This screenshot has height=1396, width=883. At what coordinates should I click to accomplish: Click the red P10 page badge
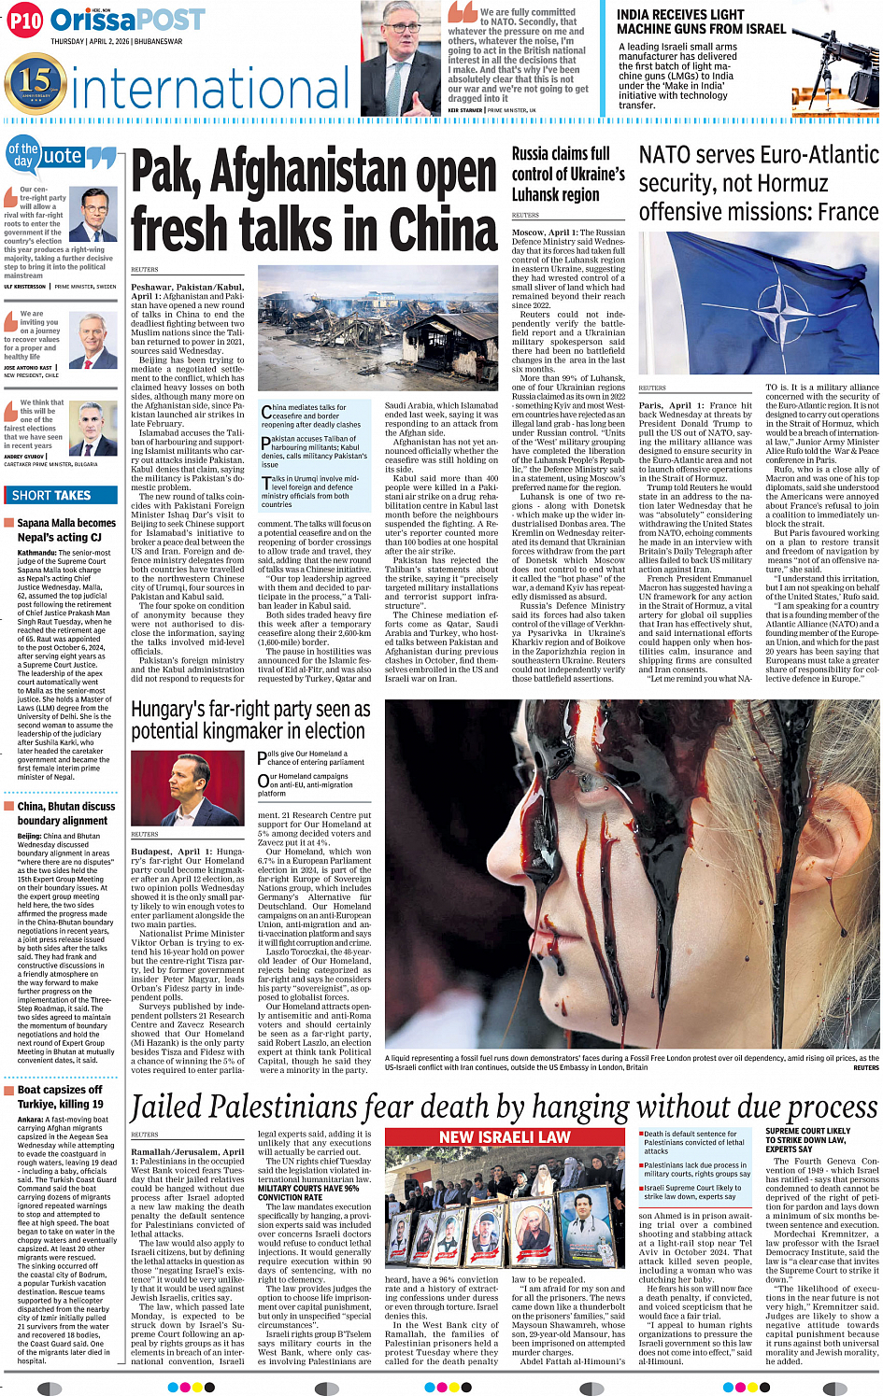[x=25, y=21]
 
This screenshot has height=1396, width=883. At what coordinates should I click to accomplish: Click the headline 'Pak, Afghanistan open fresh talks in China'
[x=314, y=200]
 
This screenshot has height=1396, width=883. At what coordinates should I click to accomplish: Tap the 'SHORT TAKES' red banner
[x=61, y=495]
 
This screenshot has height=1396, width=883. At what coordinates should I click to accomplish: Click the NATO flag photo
[x=758, y=301]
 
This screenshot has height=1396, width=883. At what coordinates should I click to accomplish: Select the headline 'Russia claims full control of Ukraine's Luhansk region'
[x=568, y=174]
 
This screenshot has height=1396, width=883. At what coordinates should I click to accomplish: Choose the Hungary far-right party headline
[x=250, y=720]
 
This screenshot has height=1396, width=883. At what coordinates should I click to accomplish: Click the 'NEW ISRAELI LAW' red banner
[x=505, y=1136]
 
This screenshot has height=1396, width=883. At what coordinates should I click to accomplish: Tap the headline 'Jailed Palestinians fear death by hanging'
[x=505, y=1107]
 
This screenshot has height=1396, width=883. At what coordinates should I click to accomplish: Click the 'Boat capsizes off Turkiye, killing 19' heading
[x=60, y=1096]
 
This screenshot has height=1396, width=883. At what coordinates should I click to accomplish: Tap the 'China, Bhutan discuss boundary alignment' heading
[x=65, y=812]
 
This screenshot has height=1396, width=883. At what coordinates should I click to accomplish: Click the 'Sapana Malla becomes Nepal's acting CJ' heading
[x=65, y=529]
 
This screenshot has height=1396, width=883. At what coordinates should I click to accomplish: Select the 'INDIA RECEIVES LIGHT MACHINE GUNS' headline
[x=701, y=21]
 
